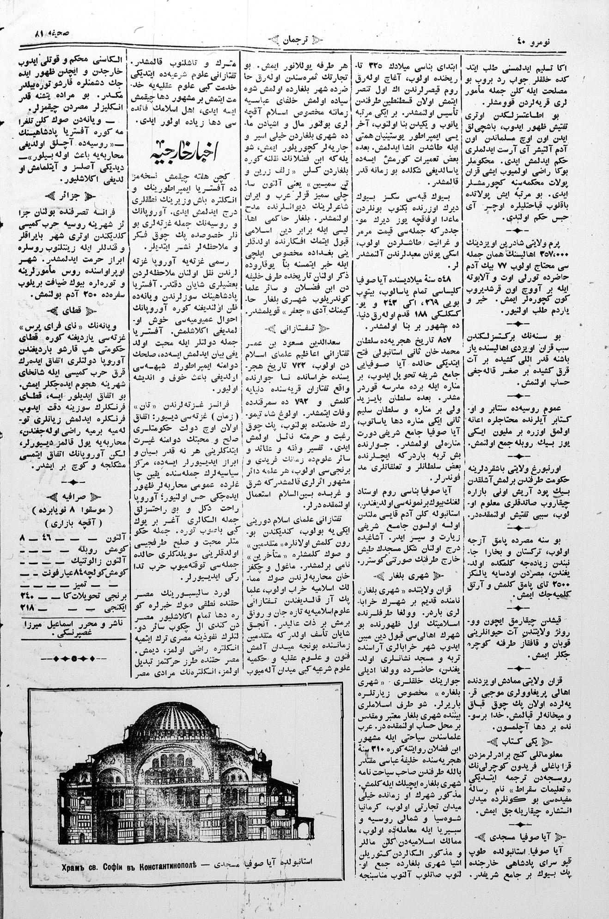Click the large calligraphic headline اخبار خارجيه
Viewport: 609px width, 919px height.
[186, 153]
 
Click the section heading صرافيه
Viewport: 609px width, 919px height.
[74, 497]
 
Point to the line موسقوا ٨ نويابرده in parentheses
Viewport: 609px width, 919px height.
[74, 510]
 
